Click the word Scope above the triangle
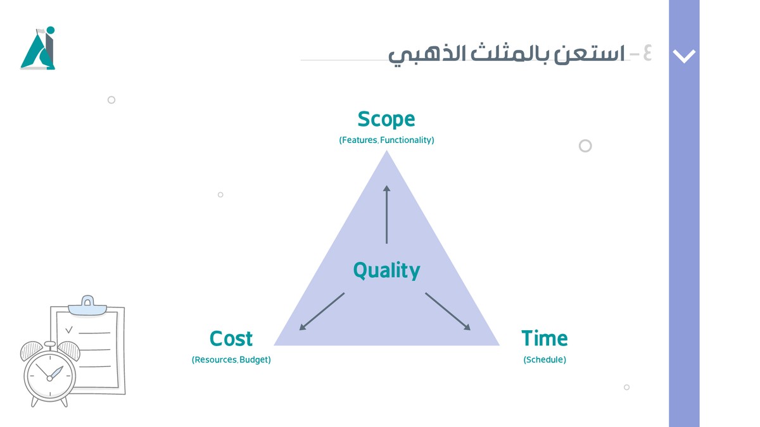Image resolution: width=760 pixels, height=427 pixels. click(x=386, y=120)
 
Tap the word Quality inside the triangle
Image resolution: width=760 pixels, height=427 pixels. click(x=386, y=270)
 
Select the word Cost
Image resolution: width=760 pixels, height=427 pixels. click(x=231, y=339)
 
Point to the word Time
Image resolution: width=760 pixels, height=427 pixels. click(x=544, y=339)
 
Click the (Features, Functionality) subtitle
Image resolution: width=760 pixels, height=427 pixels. click(x=386, y=140)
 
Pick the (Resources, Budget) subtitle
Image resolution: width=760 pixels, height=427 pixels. click(x=231, y=360)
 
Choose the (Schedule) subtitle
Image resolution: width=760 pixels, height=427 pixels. click(x=544, y=360)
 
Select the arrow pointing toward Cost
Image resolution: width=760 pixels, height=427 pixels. click(x=322, y=311)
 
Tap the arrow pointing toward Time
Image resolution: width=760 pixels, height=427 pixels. click(x=448, y=311)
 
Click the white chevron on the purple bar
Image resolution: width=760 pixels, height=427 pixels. click(x=684, y=56)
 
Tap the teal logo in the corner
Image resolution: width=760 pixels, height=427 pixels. click(x=39, y=49)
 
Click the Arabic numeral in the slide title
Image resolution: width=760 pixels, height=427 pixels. click(x=647, y=54)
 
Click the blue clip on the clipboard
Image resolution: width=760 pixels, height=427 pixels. click(x=87, y=306)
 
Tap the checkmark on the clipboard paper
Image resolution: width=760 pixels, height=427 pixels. click(x=69, y=329)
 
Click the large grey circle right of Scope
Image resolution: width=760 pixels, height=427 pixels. click(x=585, y=146)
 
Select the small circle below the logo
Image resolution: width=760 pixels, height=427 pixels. click(x=111, y=100)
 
